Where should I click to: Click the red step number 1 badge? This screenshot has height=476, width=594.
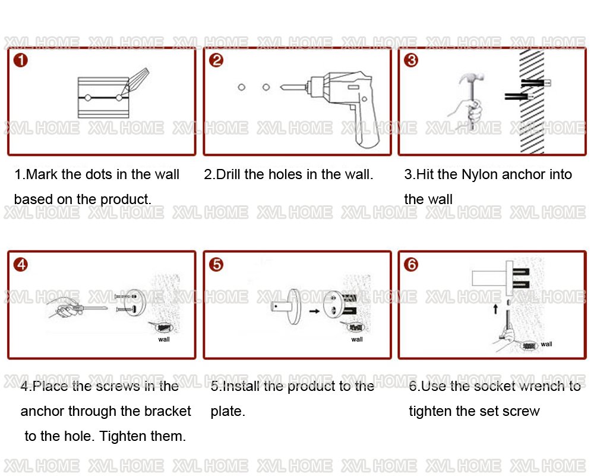click(x=20, y=60)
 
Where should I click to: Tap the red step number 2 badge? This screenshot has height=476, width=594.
click(x=216, y=60)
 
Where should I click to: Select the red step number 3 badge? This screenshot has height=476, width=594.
click(x=411, y=60)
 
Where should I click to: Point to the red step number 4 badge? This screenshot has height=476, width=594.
click(x=20, y=264)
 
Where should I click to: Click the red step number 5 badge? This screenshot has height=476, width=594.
click(x=216, y=264)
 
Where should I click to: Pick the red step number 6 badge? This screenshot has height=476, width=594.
click(x=411, y=264)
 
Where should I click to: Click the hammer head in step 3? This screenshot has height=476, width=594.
click(x=471, y=79)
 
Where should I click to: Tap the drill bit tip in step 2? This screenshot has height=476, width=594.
click(x=281, y=87)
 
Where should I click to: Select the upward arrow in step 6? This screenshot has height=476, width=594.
click(x=495, y=309)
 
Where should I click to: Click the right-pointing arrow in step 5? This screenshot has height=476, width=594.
click(x=314, y=311)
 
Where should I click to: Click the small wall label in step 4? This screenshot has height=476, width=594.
click(x=164, y=339)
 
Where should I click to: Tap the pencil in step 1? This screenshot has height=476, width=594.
click(x=135, y=82)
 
